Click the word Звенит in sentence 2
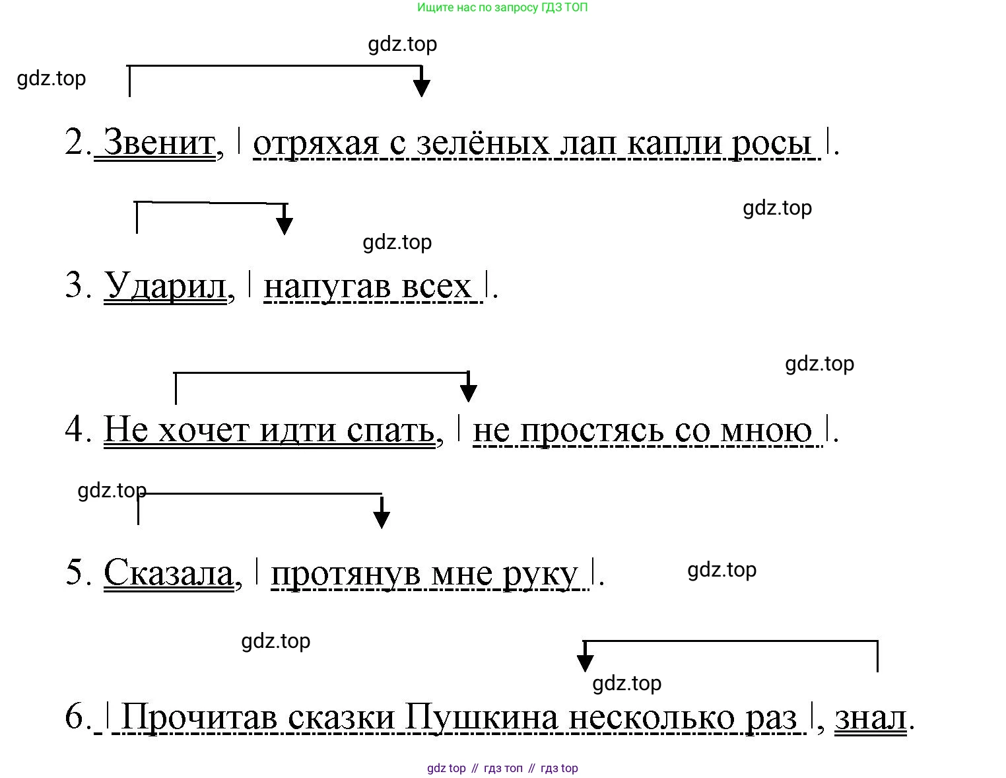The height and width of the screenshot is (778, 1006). (159, 142)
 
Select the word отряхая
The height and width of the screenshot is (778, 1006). (316, 143)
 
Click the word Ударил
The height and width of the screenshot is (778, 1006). (165, 286)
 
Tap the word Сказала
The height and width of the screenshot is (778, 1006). (168, 573)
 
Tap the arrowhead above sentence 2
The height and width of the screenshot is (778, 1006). (421, 88)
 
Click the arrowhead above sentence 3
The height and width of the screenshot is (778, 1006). (284, 225)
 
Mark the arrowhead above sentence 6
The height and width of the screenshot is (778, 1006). (585, 662)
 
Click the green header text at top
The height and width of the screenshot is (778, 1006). (502, 8)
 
